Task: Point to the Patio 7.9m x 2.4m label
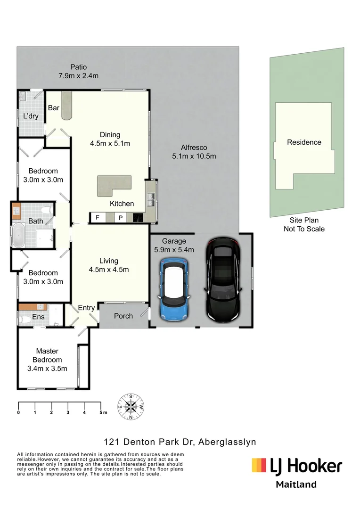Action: tap(78, 71)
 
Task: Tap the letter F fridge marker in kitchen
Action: tap(98, 218)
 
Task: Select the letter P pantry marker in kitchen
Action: tap(120, 218)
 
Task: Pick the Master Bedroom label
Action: tap(47, 355)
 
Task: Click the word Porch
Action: tap(123, 316)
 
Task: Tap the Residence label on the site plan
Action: tap(304, 142)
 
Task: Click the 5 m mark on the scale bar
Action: tap(101, 412)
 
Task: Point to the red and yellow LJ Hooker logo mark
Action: tap(259, 466)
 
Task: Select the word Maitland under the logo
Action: tap(296, 484)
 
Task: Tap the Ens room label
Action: tap(38, 317)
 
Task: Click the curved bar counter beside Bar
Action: tap(66, 106)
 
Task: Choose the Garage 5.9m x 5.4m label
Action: tap(174, 246)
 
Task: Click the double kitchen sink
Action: tap(150, 198)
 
